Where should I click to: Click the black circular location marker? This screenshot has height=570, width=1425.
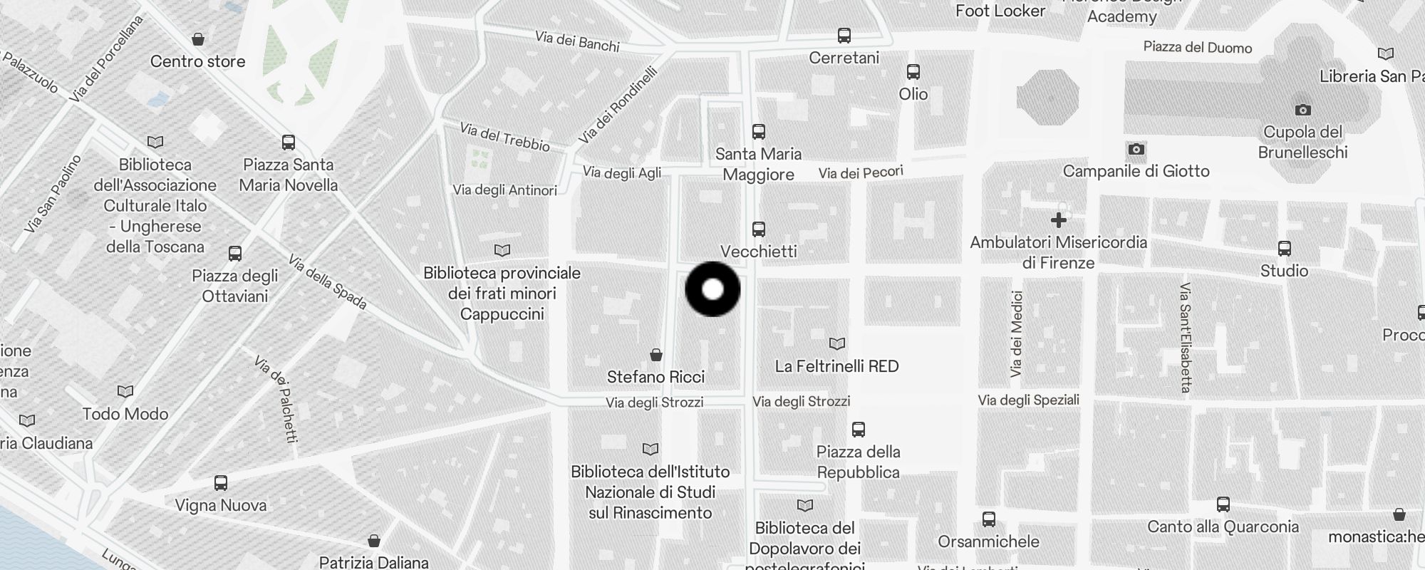click(x=712, y=289)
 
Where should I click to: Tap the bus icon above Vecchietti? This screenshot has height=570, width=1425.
click(x=759, y=229)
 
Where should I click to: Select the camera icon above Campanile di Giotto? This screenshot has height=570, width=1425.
click(x=1136, y=149)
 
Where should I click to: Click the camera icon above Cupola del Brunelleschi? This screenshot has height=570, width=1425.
click(x=1302, y=110)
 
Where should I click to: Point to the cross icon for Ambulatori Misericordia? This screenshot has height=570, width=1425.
click(x=1059, y=220)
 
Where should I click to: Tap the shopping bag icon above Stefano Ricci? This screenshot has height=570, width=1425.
click(x=656, y=355)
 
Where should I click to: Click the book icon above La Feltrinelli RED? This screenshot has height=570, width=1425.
click(x=837, y=344)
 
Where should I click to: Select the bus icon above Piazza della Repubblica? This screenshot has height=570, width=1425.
click(x=859, y=430)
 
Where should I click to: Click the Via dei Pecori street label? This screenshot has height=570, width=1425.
click(x=861, y=172)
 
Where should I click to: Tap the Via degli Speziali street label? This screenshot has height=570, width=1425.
click(x=1028, y=400)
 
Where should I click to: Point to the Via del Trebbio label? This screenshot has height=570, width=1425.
click(x=504, y=137)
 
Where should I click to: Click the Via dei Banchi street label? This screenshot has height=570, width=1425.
click(x=577, y=41)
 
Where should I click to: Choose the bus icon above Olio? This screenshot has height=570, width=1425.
click(x=913, y=72)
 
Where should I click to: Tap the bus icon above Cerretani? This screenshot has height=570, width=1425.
click(x=844, y=36)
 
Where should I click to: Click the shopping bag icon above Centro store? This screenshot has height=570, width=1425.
click(x=198, y=39)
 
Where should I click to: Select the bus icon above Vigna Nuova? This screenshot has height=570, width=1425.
click(x=221, y=483)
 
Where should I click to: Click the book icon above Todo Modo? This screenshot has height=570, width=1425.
click(x=125, y=391)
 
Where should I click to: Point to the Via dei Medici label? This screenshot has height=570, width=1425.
click(x=1017, y=333)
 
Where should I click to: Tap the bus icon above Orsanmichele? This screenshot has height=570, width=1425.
click(x=989, y=519)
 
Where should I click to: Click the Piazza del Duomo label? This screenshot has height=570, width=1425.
click(x=1197, y=48)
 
